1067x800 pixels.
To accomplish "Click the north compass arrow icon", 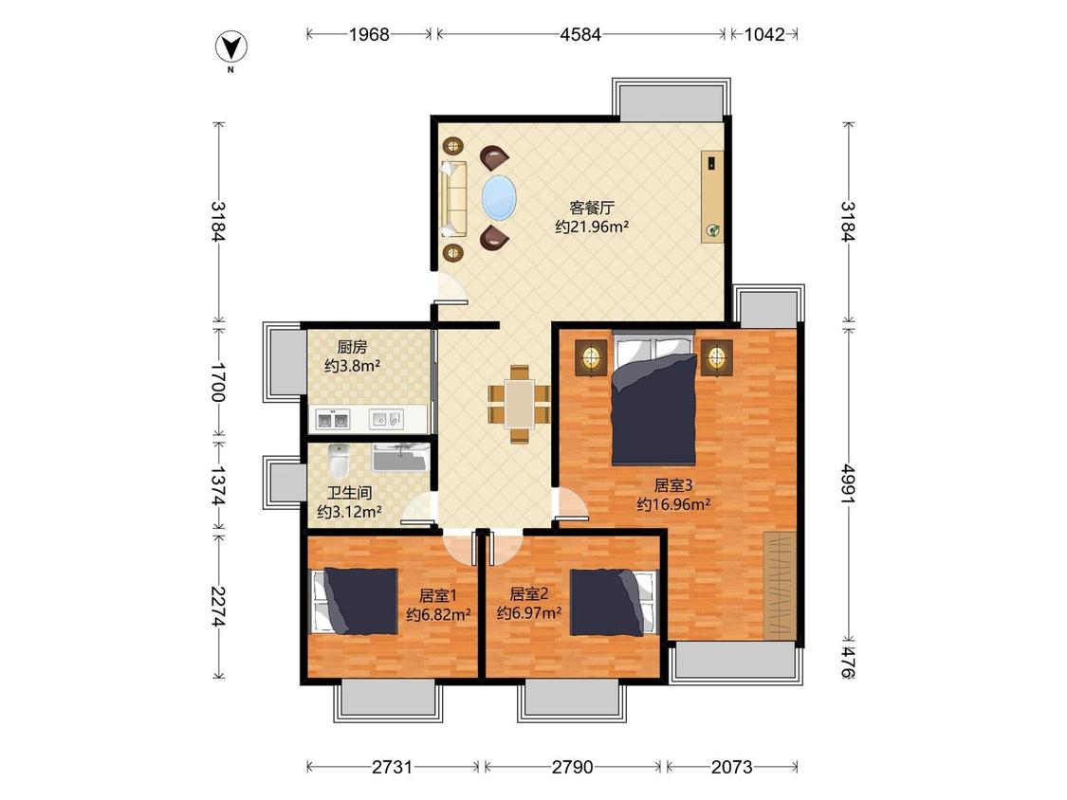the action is tap(231, 47).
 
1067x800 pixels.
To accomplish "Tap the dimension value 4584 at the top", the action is tap(580, 34).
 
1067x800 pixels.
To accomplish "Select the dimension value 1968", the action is tap(369, 34).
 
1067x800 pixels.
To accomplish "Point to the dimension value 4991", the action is tap(848, 484).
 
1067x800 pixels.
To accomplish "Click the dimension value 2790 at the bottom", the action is tap(572, 768).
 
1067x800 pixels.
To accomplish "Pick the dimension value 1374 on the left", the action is tap(218, 485).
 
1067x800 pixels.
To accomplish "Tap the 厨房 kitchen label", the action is tap(352, 347).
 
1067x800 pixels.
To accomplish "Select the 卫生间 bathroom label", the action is tap(349, 493).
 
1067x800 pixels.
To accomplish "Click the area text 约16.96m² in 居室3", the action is tap(673, 504).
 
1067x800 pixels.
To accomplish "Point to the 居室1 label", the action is tap(438, 596).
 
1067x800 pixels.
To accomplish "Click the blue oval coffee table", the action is tap(499, 198).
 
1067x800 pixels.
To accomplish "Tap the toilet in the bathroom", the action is tap(339, 462).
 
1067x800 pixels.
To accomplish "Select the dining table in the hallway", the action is tap(519, 404).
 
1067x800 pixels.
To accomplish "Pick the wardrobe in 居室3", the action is tap(779, 586).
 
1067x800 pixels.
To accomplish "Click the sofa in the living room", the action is tap(453, 199).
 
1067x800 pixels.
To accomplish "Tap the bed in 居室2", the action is tap(614, 603).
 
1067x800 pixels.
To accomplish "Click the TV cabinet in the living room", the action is tap(712, 196).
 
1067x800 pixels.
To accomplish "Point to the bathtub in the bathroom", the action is tap(401, 457).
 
